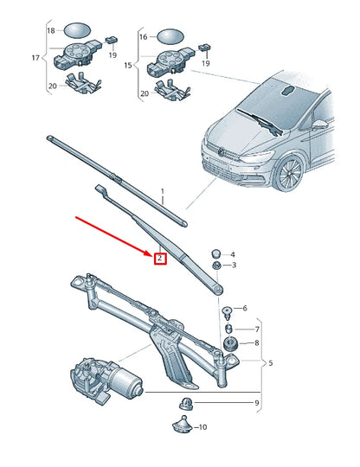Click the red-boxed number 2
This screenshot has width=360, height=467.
(159, 259)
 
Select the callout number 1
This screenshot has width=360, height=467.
(161, 195)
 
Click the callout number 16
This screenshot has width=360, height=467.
(145, 38)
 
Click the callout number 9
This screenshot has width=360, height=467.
(256, 404)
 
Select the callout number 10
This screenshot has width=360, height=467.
(203, 427)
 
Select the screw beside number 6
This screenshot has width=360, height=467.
(226, 310)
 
